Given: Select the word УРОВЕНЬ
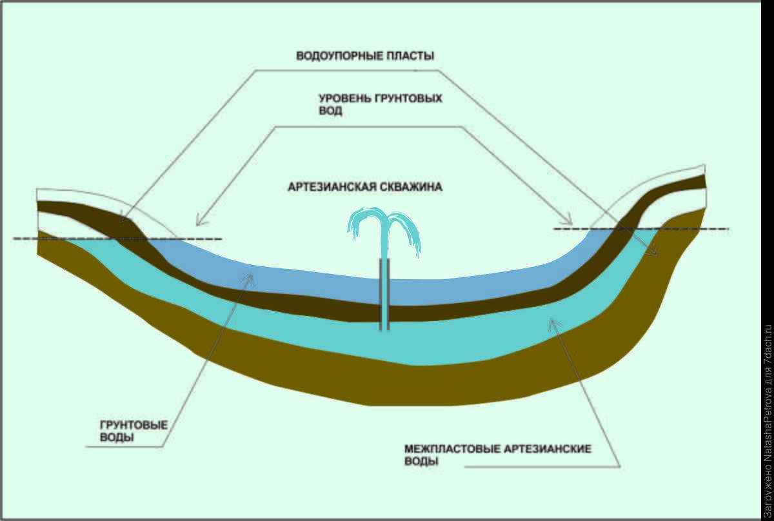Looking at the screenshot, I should pos(343,99).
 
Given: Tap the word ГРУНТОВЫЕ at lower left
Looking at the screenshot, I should pos(135,426).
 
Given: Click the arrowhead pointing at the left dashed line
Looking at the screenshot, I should pos(200,222).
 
